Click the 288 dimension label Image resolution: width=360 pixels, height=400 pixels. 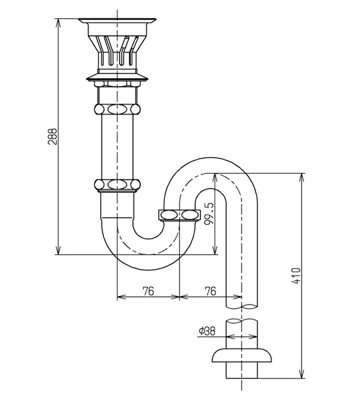pyautogui.click(x=52, y=136)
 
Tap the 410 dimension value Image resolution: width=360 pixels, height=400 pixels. pyautogui.click(x=296, y=276)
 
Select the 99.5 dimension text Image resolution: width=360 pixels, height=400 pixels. pyautogui.click(x=209, y=214)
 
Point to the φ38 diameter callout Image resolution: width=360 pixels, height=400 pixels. pyautogui.click(x=207, y=331)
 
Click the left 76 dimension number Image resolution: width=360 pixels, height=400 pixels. pyautogui.click(x=149, y=291)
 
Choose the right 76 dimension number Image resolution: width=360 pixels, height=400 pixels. pyautogui.click(x=210, y=291)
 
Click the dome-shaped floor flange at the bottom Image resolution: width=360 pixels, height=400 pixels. pyautogui.click(x=242, y=355)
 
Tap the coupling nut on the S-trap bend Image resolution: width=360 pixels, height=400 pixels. pyautogui.click(x=179, y=215)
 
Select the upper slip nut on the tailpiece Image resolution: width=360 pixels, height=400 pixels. pyautogui.click(x=117, y=109)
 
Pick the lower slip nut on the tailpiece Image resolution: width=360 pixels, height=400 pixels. pyautogui.click(x=117, y=184)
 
